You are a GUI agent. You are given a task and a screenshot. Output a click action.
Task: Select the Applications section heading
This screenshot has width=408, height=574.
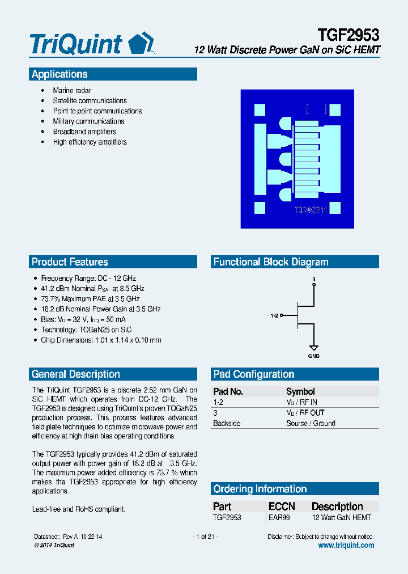pyautogui.click(x=59, y=74)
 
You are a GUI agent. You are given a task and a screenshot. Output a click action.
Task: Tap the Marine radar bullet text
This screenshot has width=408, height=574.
pyautogui.click(x=72, y=91)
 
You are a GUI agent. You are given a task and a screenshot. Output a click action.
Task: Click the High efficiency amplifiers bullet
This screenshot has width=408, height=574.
pyautogui.click(x=90, y=142)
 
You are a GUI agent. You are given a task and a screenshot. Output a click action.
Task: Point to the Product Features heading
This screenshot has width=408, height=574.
pyautogui.click(x=70, y=262)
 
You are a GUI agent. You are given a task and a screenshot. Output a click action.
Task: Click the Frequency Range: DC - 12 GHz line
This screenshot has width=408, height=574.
pyautogui.click(x=88, y=278)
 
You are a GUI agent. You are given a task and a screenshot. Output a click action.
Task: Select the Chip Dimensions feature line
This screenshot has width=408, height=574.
pyautogui.click(x=101, y=340)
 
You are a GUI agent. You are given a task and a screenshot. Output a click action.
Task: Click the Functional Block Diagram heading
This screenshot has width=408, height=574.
pyautogui.click(x=271, y=262)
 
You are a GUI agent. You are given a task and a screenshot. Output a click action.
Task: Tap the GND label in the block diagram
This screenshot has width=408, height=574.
pyautogui.click(x=313, y=356)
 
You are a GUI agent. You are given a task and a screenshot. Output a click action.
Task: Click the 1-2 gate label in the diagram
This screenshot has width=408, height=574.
pyautogui.click(x=274, y=315)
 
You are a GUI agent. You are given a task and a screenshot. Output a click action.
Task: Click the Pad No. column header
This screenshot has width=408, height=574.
pyautogui.click(x=228, y=391)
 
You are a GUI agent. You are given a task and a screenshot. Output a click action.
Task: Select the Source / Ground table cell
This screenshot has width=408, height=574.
pyautogui.click(x=311, y=423)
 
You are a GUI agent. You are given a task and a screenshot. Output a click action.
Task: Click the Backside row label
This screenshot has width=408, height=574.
pyautogui.click(x=227, y=423)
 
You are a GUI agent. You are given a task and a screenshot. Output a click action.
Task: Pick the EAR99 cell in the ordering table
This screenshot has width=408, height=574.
pyautogui.click(x=279, y=517)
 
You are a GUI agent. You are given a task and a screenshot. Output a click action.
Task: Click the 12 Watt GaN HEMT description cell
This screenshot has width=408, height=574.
pyautogui.click(x=342, y=517)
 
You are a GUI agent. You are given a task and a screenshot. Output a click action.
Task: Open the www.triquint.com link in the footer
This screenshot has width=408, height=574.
pyautogui.click(x=346, y=545)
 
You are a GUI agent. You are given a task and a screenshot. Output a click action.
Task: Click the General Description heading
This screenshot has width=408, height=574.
pyautogui.click(x=76, y=374)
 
